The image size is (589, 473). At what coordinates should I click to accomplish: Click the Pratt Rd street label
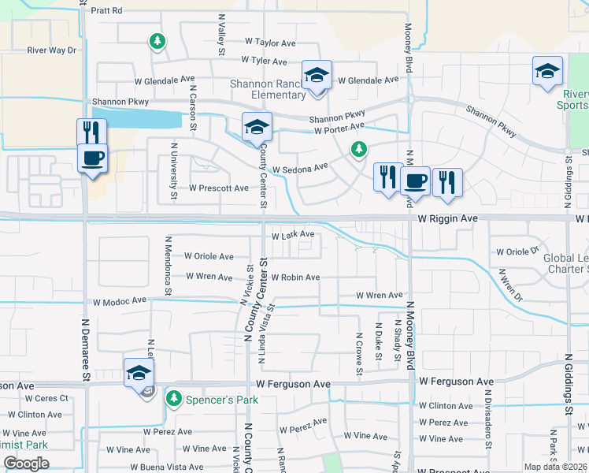click(106, 11)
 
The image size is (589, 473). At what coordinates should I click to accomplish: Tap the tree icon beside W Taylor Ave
click(157, 40)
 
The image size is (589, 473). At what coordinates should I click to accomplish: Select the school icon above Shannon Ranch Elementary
click(317, 76)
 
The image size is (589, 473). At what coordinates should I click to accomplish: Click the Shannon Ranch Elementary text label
click(267, 89)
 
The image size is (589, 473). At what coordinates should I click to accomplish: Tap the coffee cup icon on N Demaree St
click(92, 157)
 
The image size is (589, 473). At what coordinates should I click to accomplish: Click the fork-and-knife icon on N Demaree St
click(92, 132)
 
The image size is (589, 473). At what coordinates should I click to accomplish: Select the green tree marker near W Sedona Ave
click(359, 148)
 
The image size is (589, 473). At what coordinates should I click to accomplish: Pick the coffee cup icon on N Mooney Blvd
click(415, 181)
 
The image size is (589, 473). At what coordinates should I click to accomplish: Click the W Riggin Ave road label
click(447, 217)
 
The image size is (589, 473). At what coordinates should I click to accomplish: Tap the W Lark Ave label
click(293, 235)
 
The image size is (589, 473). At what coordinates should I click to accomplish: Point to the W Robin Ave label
click(295, 277)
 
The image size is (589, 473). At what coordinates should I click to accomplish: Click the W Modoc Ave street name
click(120, 301)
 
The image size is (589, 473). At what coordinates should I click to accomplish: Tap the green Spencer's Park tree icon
click(173, 399)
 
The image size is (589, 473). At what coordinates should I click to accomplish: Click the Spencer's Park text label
click(222, 400)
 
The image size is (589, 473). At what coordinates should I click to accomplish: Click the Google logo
click(26, 464)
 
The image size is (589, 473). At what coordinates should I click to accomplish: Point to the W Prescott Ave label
click(219, 188)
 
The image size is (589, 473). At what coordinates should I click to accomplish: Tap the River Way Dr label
click(51, 50)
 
